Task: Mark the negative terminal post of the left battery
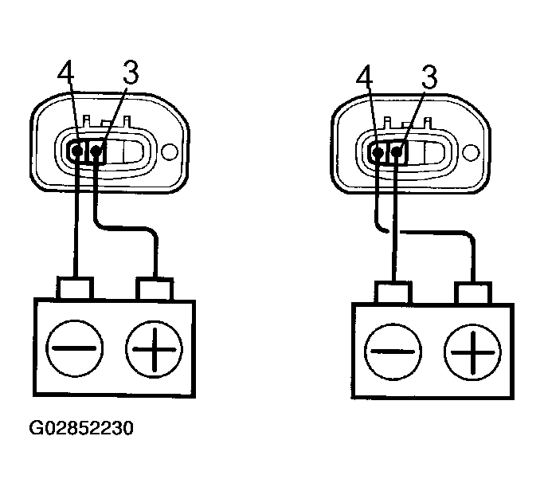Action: pos(75,286)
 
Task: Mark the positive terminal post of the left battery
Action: pos(155,286)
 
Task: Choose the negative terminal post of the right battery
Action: pos(393,290)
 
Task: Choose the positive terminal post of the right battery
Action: pos(473,290)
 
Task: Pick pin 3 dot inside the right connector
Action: pos(397,151)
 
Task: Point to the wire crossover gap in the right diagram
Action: pos(393,231)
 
